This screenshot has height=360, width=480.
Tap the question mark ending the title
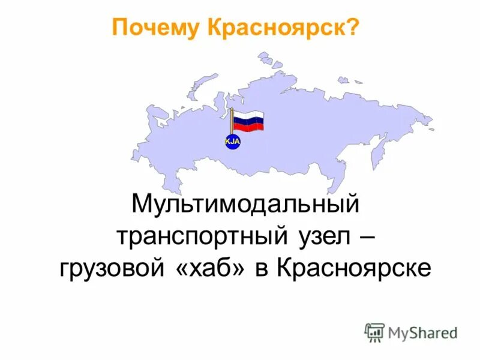click(x=353, y=27)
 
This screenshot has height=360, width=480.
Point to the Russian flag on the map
click(x=248, y=121)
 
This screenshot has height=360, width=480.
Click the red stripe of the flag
click(x=248, y=128)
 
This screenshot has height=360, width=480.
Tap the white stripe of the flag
click(x=248, y=115)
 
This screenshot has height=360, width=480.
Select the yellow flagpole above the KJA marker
click(x=232, y=122)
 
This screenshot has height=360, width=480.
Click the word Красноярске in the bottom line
click(x=354, y=268)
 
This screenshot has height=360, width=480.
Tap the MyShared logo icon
click(x=374, y=332)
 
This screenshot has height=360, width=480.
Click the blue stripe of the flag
click(x=248, y=121)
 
